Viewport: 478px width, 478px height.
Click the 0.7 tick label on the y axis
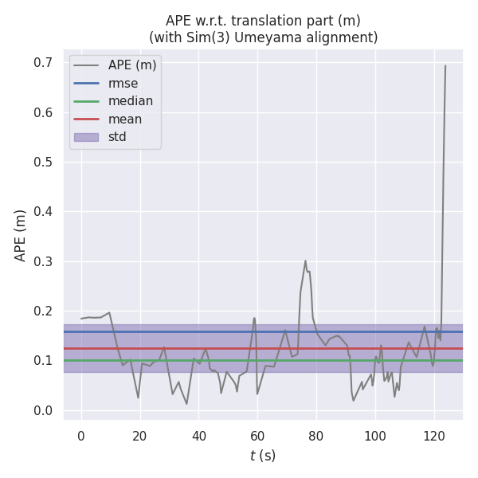44,63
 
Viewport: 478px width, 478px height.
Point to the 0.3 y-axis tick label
44,261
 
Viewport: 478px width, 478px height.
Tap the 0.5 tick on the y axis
44,163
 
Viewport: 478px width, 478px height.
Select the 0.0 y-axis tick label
44,410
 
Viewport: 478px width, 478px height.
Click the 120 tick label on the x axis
433,435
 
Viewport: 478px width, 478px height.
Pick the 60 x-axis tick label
257,435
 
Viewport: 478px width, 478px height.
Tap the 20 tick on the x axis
140,435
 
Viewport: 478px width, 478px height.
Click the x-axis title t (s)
263,456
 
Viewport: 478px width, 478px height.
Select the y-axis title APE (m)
21,235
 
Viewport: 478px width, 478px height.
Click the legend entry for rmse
123,83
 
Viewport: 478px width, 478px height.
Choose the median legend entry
131,101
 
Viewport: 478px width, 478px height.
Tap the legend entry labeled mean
125,119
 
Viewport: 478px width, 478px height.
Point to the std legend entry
118,137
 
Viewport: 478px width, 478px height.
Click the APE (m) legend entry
132,65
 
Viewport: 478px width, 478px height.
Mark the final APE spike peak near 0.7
445,65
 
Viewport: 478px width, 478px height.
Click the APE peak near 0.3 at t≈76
305,261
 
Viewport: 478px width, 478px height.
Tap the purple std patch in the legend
86,137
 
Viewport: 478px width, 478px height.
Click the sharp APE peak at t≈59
254,318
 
